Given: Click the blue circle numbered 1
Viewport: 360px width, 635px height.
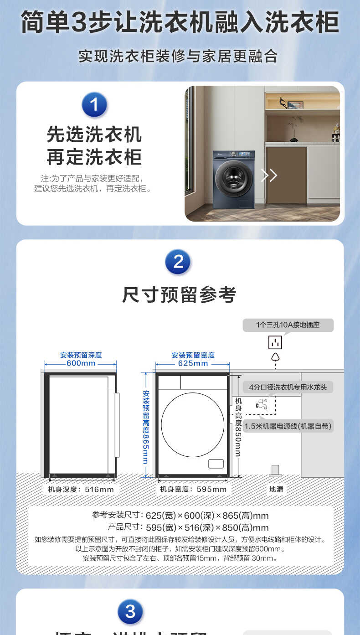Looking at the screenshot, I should (94, 105).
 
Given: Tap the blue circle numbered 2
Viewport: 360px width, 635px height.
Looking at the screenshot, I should (178, 262).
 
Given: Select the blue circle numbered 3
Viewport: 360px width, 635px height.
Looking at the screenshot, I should (130, 611).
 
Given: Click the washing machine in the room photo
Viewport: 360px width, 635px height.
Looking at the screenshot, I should (234, 179).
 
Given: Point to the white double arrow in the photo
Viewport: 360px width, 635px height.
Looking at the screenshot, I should (269, 175).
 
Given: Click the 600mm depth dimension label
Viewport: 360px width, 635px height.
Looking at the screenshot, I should (81, 363).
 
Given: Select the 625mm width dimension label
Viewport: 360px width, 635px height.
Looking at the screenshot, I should (193, 363).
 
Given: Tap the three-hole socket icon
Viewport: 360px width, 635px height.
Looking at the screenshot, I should (275, 342).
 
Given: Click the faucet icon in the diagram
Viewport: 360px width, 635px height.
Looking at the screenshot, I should (262, 403).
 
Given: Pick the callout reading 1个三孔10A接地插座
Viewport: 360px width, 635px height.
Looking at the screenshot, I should (288, 325).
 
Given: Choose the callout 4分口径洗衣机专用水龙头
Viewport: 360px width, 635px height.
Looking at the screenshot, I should (288, 387).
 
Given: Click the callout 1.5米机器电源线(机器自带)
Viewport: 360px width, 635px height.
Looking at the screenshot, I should (288, 426).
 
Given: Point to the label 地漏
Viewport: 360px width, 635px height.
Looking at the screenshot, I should (276, 489).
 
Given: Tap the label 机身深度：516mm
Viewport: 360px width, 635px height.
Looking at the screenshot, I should (81, 489).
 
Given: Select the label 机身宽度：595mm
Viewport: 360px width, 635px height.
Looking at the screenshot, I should (193, 489).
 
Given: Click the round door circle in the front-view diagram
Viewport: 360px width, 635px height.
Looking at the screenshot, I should (192, 424).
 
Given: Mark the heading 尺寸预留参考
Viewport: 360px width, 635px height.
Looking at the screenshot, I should (179, 295).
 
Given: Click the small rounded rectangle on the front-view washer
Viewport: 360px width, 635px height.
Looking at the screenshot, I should (216, 464).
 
